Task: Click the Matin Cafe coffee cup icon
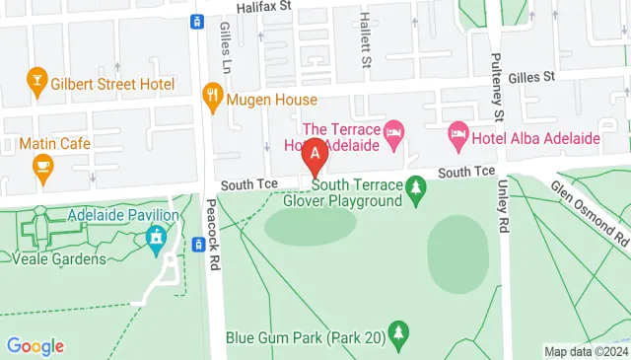click(41, 167)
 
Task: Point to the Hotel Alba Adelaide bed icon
click(458, 133)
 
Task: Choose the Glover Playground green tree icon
click(416, 185)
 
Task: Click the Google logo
click(35, 346)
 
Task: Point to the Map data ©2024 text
click(586, 351)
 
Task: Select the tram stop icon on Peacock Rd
click(197, 20)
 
